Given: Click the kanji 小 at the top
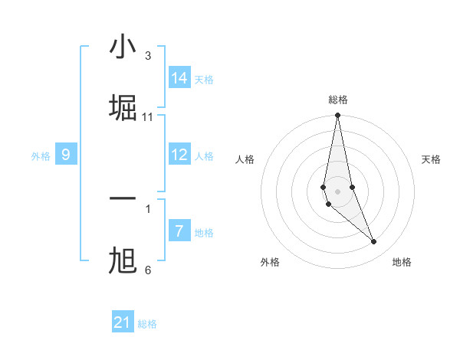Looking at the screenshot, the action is click(123, 48).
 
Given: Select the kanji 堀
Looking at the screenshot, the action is click(123, 108).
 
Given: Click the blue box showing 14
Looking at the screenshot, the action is click(179, 78).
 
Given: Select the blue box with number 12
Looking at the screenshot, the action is click(179, 155).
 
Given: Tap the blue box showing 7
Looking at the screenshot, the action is click(179, 231).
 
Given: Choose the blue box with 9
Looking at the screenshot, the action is click(66, 155).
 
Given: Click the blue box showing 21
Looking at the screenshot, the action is click(123, 322).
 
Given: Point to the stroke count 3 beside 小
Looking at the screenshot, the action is click(148, 56).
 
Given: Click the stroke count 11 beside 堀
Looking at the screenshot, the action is click(148, 117).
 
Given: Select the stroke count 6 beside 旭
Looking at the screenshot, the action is click(148, 270).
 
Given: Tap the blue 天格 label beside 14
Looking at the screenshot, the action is click(204, 80).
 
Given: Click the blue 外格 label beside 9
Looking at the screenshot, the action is click(41, 156).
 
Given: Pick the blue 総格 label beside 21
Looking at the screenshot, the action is click(147, 324).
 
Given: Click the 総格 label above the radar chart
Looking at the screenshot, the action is click(337, 100).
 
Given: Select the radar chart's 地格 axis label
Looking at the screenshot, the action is click(402, 262).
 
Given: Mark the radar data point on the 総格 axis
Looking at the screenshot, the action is click(337, 116).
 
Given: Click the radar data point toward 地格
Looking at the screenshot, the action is click(374, 242).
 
